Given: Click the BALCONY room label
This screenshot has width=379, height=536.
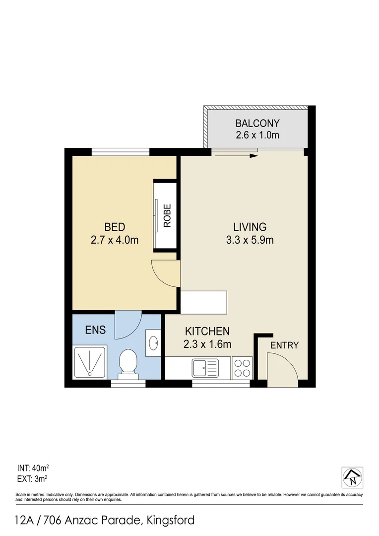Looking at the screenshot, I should pyautogui.click(x=257, y=123).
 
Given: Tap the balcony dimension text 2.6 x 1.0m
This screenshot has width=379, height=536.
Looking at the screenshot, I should pyautogui.click(x=257, y=135).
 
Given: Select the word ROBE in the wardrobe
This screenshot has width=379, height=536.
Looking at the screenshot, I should pyautogui.click(x=167, y=215).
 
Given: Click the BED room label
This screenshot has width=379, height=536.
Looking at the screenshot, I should pyautogui.click(x=114, y=227).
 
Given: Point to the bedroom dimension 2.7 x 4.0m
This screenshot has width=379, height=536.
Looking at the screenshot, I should pyautogui.click(x=114, y=240).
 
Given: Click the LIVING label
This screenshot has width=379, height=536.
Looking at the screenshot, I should pyautogui.click(x=250, y=227).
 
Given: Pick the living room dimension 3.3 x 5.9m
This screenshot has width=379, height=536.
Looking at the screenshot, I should pyautogui.click(x=250, y=240).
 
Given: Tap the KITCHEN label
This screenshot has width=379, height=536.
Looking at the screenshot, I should pyautogui.click(x=207, y=331).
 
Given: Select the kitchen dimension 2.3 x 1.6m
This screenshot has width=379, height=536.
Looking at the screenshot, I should pyautogui.click(x=207, y=343).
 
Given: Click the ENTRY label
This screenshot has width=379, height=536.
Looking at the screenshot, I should pyautogui.click(x=284, y=345).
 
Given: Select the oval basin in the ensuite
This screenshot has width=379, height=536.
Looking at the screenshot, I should pyautogui.click(x=153, y=342).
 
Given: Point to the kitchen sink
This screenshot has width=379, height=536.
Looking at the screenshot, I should pyautogui.click(x=205, y=368).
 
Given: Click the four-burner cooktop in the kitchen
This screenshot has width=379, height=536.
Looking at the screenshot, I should pyautogui.click(x=242, y=368).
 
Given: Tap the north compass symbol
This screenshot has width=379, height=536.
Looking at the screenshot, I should pyautogui.click(x=353, y=477).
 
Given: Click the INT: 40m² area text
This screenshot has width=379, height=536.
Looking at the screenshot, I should pyautogui.click(x=33, y=468).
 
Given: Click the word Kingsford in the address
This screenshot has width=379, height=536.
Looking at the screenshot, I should pyautogui.click(x=170, y=520).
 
